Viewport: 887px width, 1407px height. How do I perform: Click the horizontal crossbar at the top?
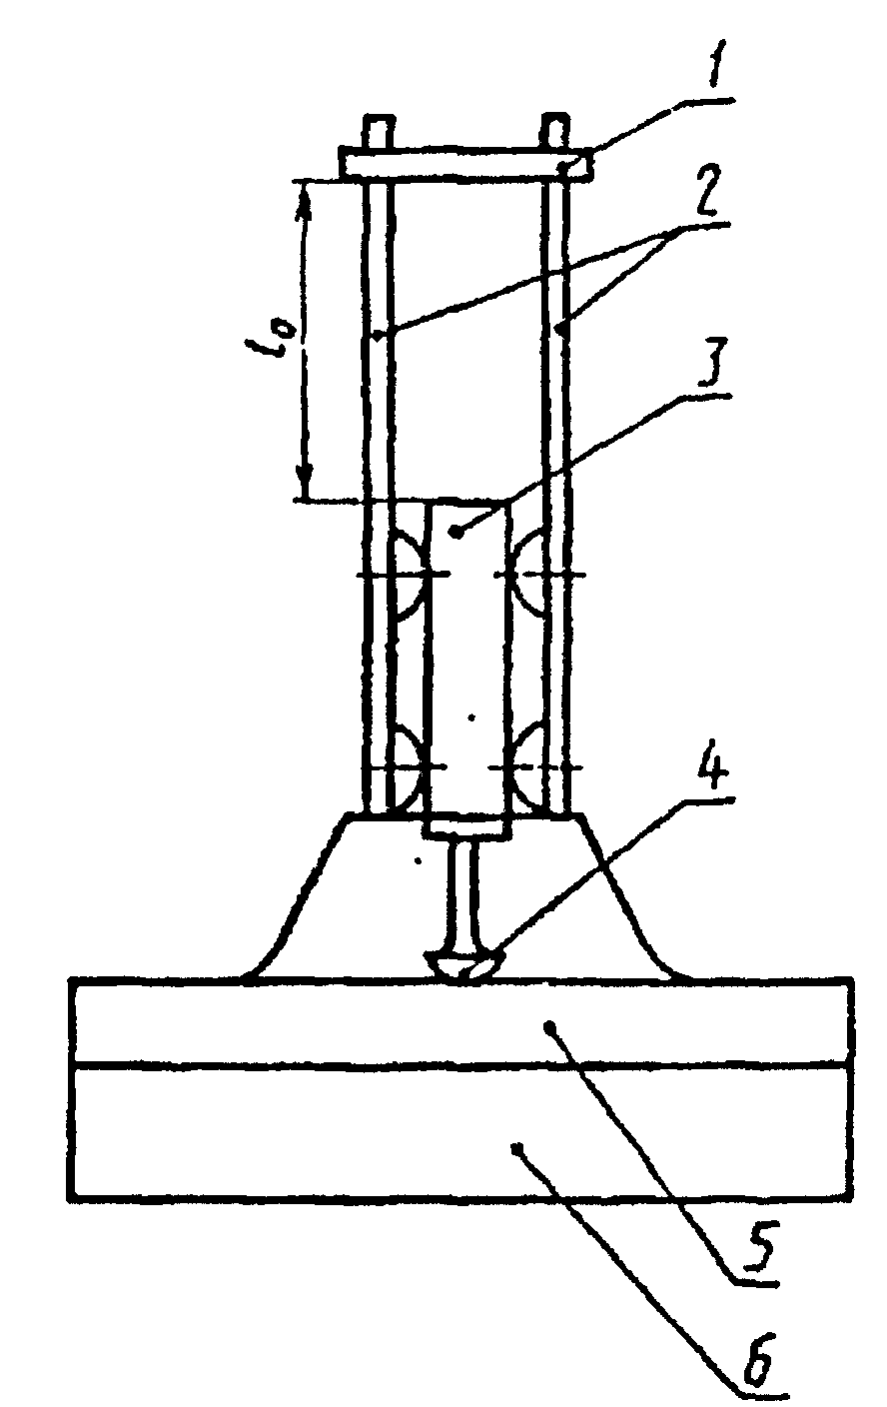click(465, 164)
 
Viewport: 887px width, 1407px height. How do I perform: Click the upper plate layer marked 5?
click(459, 1021)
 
